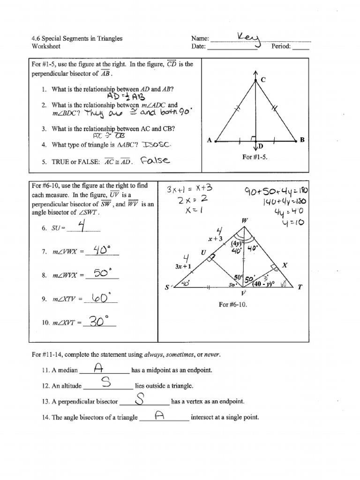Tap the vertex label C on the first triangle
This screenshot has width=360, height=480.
tap(263, 81)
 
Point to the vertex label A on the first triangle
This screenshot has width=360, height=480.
tap(210, 140)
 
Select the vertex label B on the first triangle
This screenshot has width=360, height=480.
tap(302, 140)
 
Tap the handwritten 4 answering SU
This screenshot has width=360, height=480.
tap(82, 226)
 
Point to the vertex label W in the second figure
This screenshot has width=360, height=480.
tap(245, 220)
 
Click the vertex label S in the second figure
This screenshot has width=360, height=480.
tap(166, 287)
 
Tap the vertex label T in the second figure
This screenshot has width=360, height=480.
tap(300, 287)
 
